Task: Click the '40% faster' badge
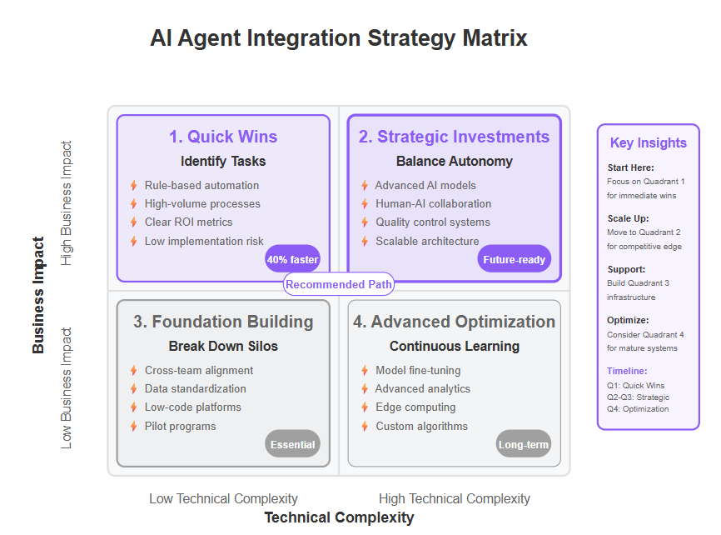292,259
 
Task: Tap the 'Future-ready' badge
514,259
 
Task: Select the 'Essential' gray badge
292,444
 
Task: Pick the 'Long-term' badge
524,444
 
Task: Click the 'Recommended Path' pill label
339,284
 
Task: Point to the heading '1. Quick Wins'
223,137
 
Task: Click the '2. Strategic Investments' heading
454,137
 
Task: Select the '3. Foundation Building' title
223,322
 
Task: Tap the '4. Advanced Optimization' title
454,322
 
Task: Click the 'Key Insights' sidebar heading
649,142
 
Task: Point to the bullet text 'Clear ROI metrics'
188,222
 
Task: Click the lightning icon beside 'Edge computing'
365,407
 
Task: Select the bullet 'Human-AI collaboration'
433,203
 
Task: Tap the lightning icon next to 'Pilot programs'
134,427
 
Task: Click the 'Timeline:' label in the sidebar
627,371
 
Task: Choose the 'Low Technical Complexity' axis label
223,498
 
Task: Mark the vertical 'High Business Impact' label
67,203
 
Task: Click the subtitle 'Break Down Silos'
223,346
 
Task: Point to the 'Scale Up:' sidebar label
628,218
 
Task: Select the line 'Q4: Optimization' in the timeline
638,409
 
